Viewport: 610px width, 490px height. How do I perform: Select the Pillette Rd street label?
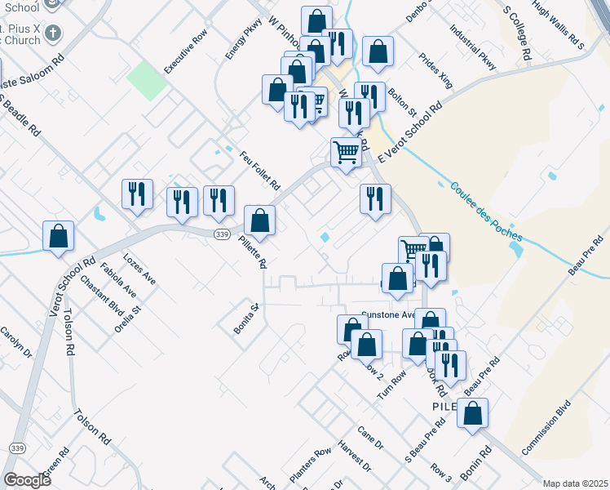(253, 251)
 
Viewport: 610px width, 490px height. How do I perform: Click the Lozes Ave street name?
(139, 268)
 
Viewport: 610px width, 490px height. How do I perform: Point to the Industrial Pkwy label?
(472, 46)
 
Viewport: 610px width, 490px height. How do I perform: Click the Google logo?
(27, 480)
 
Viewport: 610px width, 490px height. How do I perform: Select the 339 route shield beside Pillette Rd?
(221, 234)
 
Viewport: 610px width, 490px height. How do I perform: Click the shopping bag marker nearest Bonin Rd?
(473, 415)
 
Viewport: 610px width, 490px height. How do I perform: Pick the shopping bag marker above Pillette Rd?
(259, 220)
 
